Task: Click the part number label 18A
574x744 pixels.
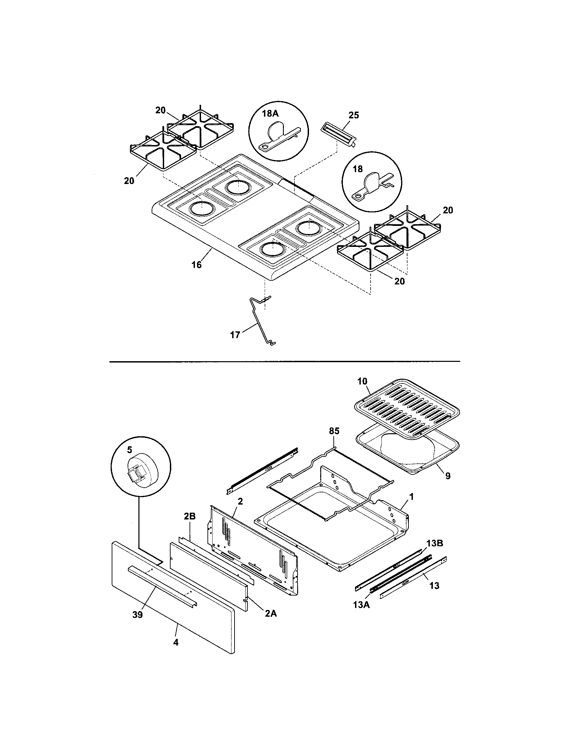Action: pos(270,114)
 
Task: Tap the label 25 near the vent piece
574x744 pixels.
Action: pos(354,115)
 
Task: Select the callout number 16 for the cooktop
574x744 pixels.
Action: pos(196,265)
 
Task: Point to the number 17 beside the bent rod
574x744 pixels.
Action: pos(235,335)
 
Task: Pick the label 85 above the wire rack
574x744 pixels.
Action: pos(334,431)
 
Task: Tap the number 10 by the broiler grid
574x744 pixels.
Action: pos(362,381)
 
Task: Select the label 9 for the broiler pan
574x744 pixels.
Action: pos(447,476)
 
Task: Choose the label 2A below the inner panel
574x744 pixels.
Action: pos(271,613)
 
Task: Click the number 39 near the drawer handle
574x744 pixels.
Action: pos(137,615)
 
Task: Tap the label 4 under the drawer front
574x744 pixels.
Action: pos(176,642)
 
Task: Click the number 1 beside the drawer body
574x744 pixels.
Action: pos(412,497)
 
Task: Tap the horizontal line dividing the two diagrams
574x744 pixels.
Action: pos(284,361)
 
